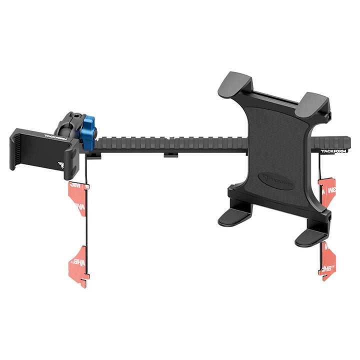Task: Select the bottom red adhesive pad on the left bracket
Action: coord(79,266)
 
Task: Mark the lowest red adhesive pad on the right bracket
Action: coord(327,262)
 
